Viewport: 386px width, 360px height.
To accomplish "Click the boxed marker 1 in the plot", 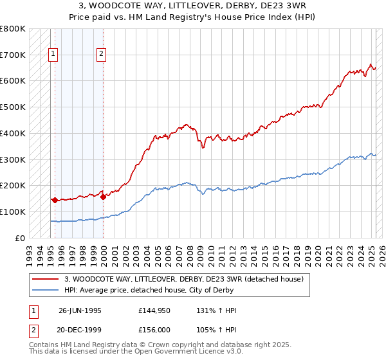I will [x=52, y=55].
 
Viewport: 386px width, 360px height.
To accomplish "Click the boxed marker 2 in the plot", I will [x=102, y=55].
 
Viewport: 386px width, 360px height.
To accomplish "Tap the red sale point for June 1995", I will [x=55, y=200].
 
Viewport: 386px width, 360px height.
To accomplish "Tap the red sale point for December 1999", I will [x=103, y=197].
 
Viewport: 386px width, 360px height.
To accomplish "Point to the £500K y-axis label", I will [x=13, y=107].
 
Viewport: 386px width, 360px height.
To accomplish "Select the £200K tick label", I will [x=13, y=185].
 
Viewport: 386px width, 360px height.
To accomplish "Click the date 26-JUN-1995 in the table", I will [x=80, y=310].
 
